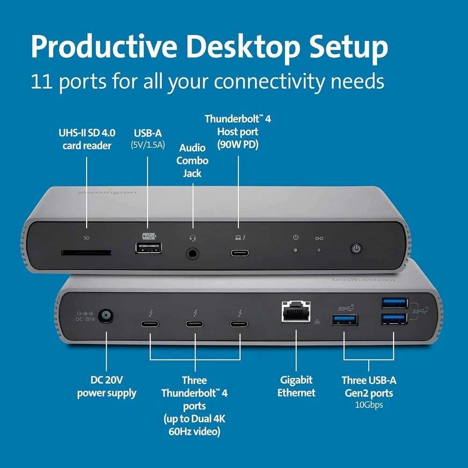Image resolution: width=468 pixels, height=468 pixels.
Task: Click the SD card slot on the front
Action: (x=86, y=253)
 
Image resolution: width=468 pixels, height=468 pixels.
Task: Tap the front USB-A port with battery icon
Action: (x=149, y=248)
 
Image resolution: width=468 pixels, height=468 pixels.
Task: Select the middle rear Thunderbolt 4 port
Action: (x=195, y=323)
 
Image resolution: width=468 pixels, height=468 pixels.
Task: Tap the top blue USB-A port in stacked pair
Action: (x=394, y=303)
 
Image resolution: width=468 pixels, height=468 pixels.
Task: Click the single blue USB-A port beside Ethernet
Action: (x=345, y=320)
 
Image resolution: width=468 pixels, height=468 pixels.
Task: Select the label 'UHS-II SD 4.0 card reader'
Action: (x=87, y=139)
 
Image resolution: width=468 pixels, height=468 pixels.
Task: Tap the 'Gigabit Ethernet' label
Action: (x=296, y=386)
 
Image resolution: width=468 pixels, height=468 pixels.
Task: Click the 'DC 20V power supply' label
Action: (x=107, y=386)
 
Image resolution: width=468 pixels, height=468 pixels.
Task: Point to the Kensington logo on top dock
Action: (x=107, y=192)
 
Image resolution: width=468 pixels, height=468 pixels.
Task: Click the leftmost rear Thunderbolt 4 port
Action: (x=150, y=323)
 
